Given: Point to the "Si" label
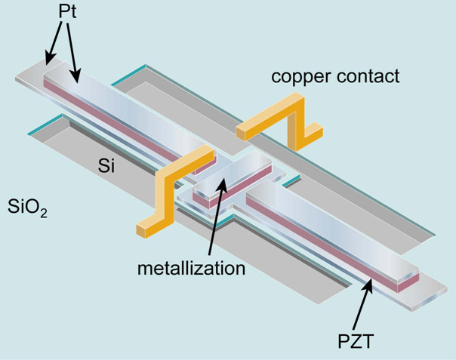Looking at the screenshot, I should pyautogui.click(x=107, y=167).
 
